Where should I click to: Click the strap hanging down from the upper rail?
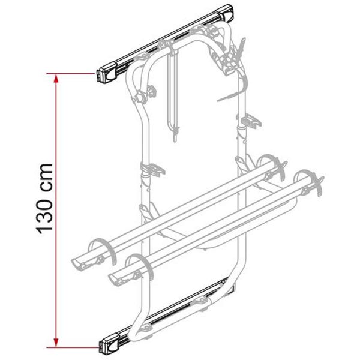pyautogui.click(x=175, y=90)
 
